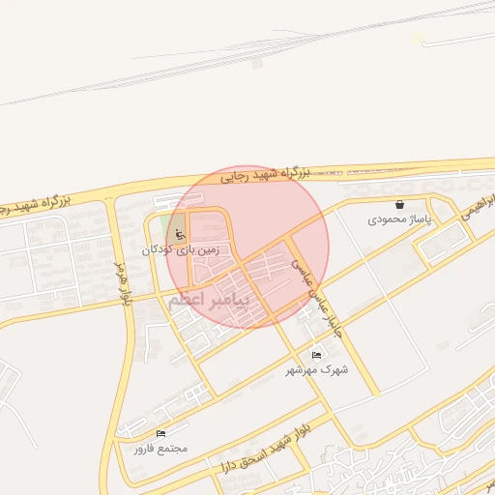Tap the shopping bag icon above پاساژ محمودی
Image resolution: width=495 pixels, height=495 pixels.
(399, 204)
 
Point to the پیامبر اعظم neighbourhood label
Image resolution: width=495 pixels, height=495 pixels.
(209, 300)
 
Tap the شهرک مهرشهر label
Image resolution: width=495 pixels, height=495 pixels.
(317, 369)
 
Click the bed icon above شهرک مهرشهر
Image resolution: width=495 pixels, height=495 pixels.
(317, 354)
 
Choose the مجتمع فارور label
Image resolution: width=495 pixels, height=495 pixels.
(160, 449)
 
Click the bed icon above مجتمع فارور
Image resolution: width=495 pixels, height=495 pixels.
(160, 433)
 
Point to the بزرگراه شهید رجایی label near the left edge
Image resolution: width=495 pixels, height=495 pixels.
(35, 205)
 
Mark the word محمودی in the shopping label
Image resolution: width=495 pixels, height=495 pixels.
(387, 220)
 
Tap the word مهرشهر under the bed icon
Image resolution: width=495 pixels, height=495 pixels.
(305, 369)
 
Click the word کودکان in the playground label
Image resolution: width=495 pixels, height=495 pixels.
(160, 249)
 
